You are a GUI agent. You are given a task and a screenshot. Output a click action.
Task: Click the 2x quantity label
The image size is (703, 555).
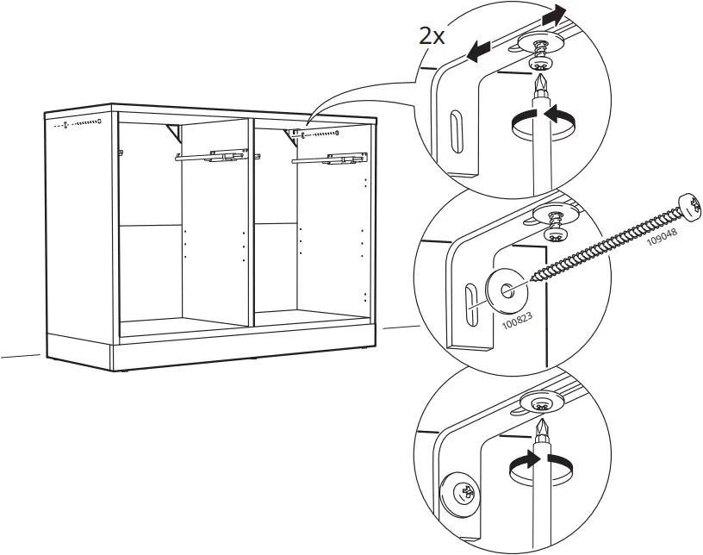click(x=432, y=36)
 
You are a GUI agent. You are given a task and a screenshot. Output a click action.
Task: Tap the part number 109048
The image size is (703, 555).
click(x=662, y=236)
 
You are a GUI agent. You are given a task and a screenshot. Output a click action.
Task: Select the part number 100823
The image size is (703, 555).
click(x=517, y=321)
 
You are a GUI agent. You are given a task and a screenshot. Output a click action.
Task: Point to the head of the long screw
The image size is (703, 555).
click(x=690, y=208)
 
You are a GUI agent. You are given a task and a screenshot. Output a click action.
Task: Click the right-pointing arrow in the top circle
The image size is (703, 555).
click(x=554, y=16)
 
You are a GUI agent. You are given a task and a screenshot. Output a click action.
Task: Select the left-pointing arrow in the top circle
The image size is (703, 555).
click(x=479, y=51)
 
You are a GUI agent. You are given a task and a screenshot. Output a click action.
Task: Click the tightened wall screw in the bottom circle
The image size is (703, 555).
click(x=462, y=493)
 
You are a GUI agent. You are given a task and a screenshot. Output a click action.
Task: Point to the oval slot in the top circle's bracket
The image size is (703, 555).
click(x=456, y=132)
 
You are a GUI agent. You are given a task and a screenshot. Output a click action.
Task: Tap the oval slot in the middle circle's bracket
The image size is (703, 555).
click(x=470, y=306)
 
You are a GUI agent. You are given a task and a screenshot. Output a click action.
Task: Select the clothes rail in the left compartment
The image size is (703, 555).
click(x=211, y=157)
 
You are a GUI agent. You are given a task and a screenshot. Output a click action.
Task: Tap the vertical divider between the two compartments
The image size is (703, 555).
click(x=251, y=222)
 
